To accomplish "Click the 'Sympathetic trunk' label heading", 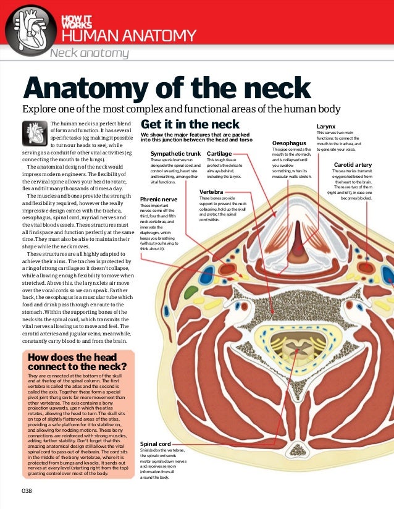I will pos(176,153).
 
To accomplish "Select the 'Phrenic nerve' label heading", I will pos(159,200).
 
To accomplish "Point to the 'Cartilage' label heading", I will pos(219,153).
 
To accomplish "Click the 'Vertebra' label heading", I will pos(211,192).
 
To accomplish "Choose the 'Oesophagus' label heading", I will pos(289,143).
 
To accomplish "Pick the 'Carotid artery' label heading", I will pos(353,165).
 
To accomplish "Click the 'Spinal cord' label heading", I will pos(156,444).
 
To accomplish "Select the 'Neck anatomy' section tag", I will pos(89,53).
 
